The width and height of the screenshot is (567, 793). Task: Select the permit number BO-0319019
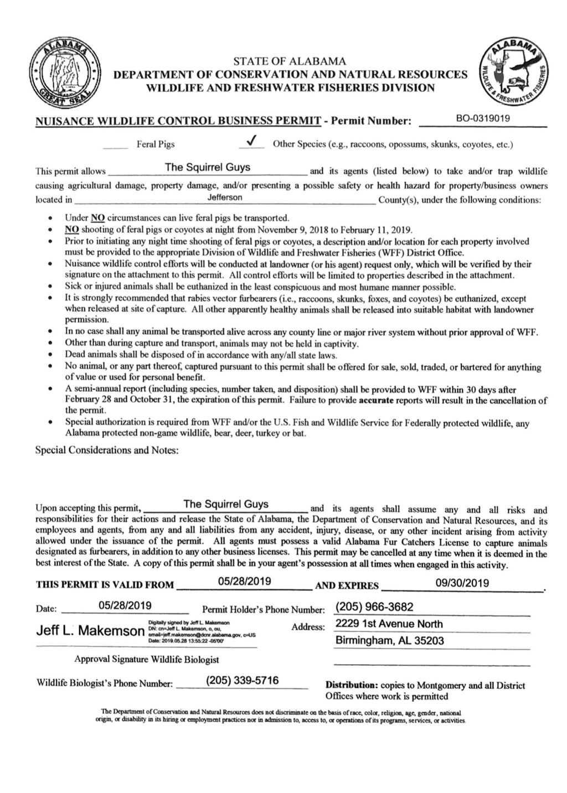coord(483,118)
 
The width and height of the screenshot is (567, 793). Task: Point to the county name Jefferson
coord(224,198)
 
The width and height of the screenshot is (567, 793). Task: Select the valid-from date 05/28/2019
coord(244,582)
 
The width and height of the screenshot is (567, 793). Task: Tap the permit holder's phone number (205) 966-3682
coord(374,607)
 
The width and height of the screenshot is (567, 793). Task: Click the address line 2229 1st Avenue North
coord(389,624)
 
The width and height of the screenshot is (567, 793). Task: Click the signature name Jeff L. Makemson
coord(89,630)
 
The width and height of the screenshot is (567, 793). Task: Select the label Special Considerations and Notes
coord(107,450)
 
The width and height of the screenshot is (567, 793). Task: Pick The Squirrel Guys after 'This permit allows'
coord(207,167)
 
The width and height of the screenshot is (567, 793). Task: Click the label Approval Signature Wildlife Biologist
coord(147,659)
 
